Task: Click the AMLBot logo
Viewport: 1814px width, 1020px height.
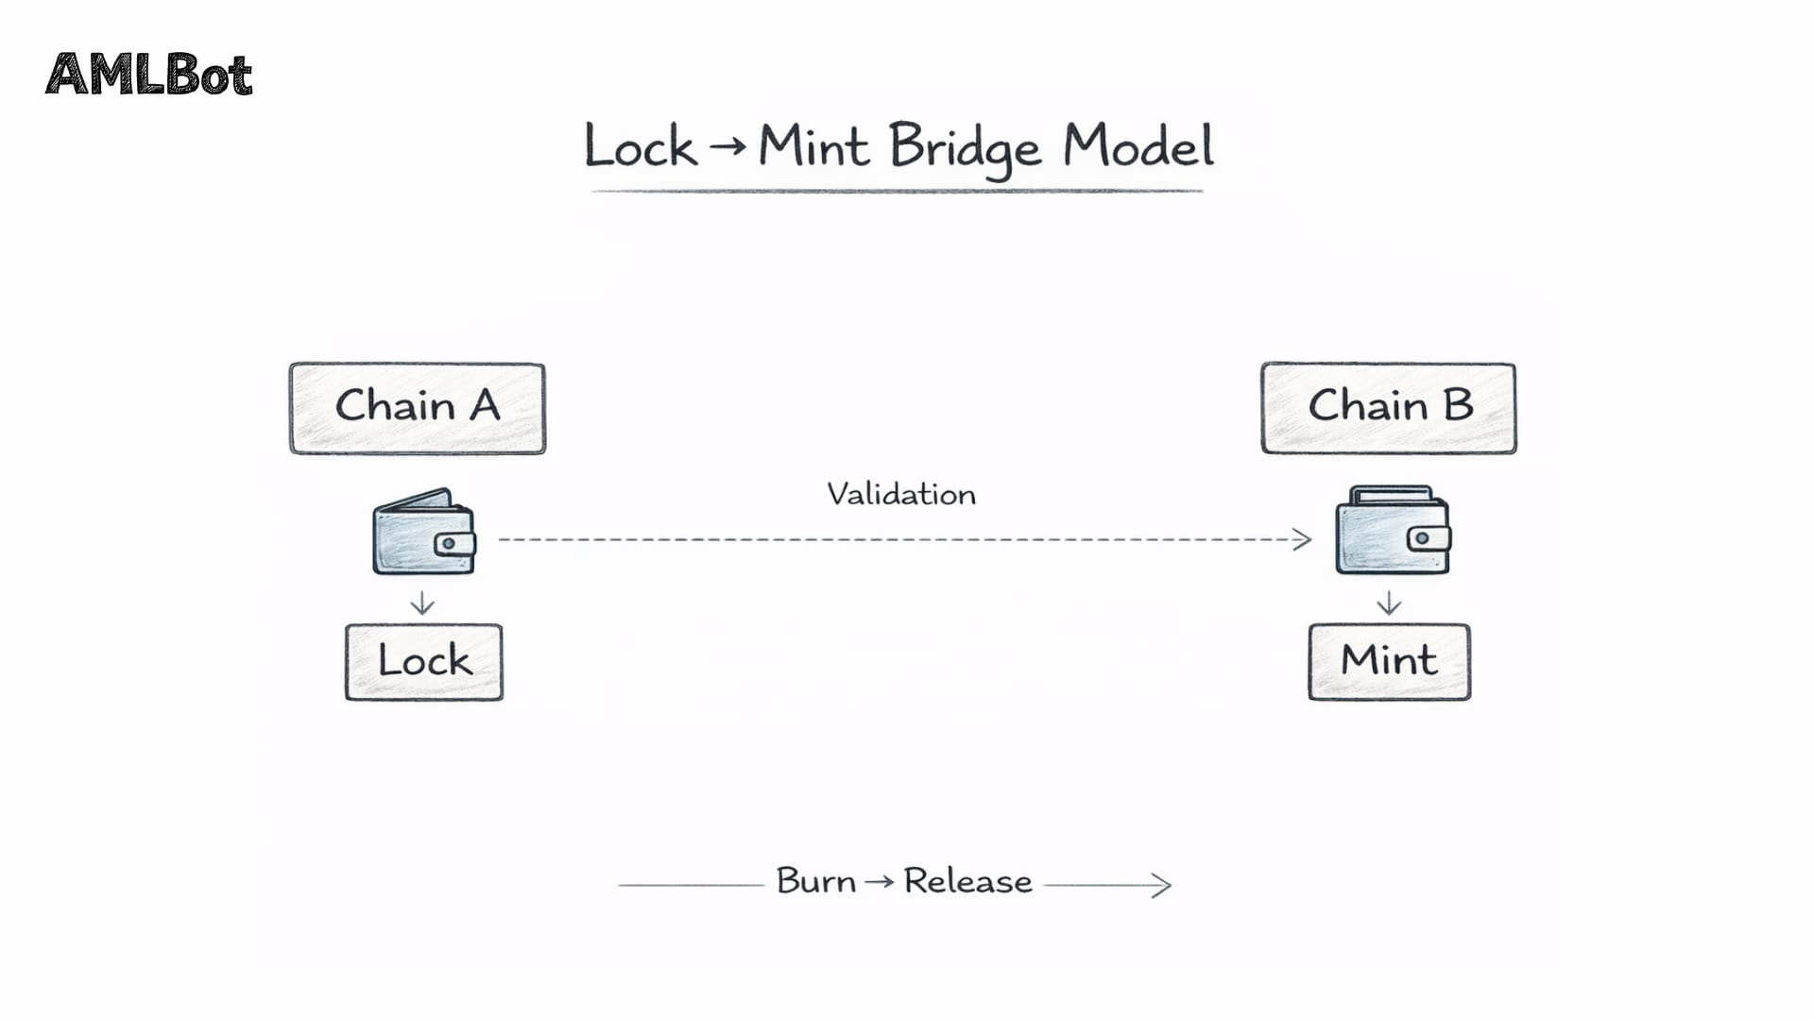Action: pos(149,75)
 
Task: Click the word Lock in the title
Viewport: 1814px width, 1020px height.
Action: pos(641,148)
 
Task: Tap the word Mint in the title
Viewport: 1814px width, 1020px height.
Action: pos(813,147)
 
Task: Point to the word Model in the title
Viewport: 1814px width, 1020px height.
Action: pos(1138,147)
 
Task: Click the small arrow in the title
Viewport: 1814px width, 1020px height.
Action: pos(727,146)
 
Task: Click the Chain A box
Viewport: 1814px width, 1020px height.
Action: pos(417,408)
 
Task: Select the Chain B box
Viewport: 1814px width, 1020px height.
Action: pos(1388,408)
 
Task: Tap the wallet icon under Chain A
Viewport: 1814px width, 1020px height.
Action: pos(424,532)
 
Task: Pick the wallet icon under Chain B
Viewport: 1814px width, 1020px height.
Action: pos(1392,531)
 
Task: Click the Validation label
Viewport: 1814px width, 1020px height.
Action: pos(901,494)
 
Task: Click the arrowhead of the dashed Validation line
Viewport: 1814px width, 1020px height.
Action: pos(1304,539)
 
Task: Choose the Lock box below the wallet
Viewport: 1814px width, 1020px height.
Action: pos(424,661)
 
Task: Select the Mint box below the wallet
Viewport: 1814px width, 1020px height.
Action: pos(1389,661)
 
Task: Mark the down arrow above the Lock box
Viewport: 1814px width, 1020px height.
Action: pos(422,603)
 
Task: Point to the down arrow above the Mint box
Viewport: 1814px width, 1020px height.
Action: pos(1389,603)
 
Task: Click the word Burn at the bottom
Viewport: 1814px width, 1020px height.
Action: pos(816,881)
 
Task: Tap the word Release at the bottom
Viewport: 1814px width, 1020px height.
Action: pos(967,881)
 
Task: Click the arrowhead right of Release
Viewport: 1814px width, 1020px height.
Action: pos(1163,885)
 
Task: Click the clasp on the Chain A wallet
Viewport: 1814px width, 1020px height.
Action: pos(453,544)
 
